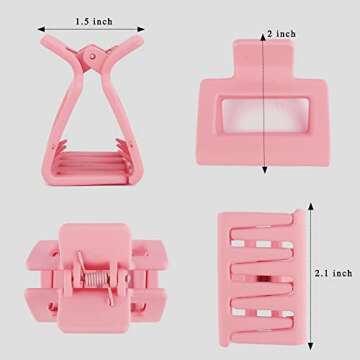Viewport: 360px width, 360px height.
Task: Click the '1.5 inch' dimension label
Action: click(97, 19)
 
